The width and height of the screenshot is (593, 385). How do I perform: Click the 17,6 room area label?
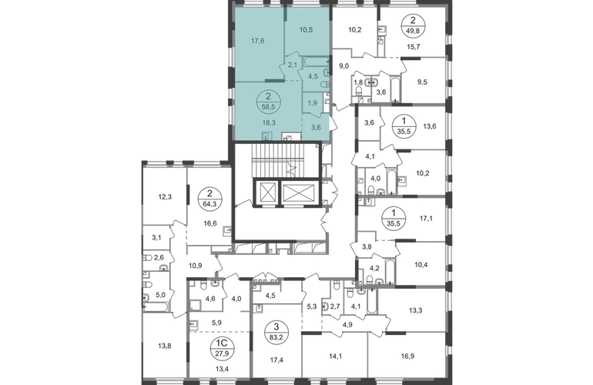pos(257,44)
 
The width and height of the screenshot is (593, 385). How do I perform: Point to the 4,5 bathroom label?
pos(312,75)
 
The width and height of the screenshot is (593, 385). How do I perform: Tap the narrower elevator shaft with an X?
pos(266,193)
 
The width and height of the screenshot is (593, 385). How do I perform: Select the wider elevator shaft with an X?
pos(299,193)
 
